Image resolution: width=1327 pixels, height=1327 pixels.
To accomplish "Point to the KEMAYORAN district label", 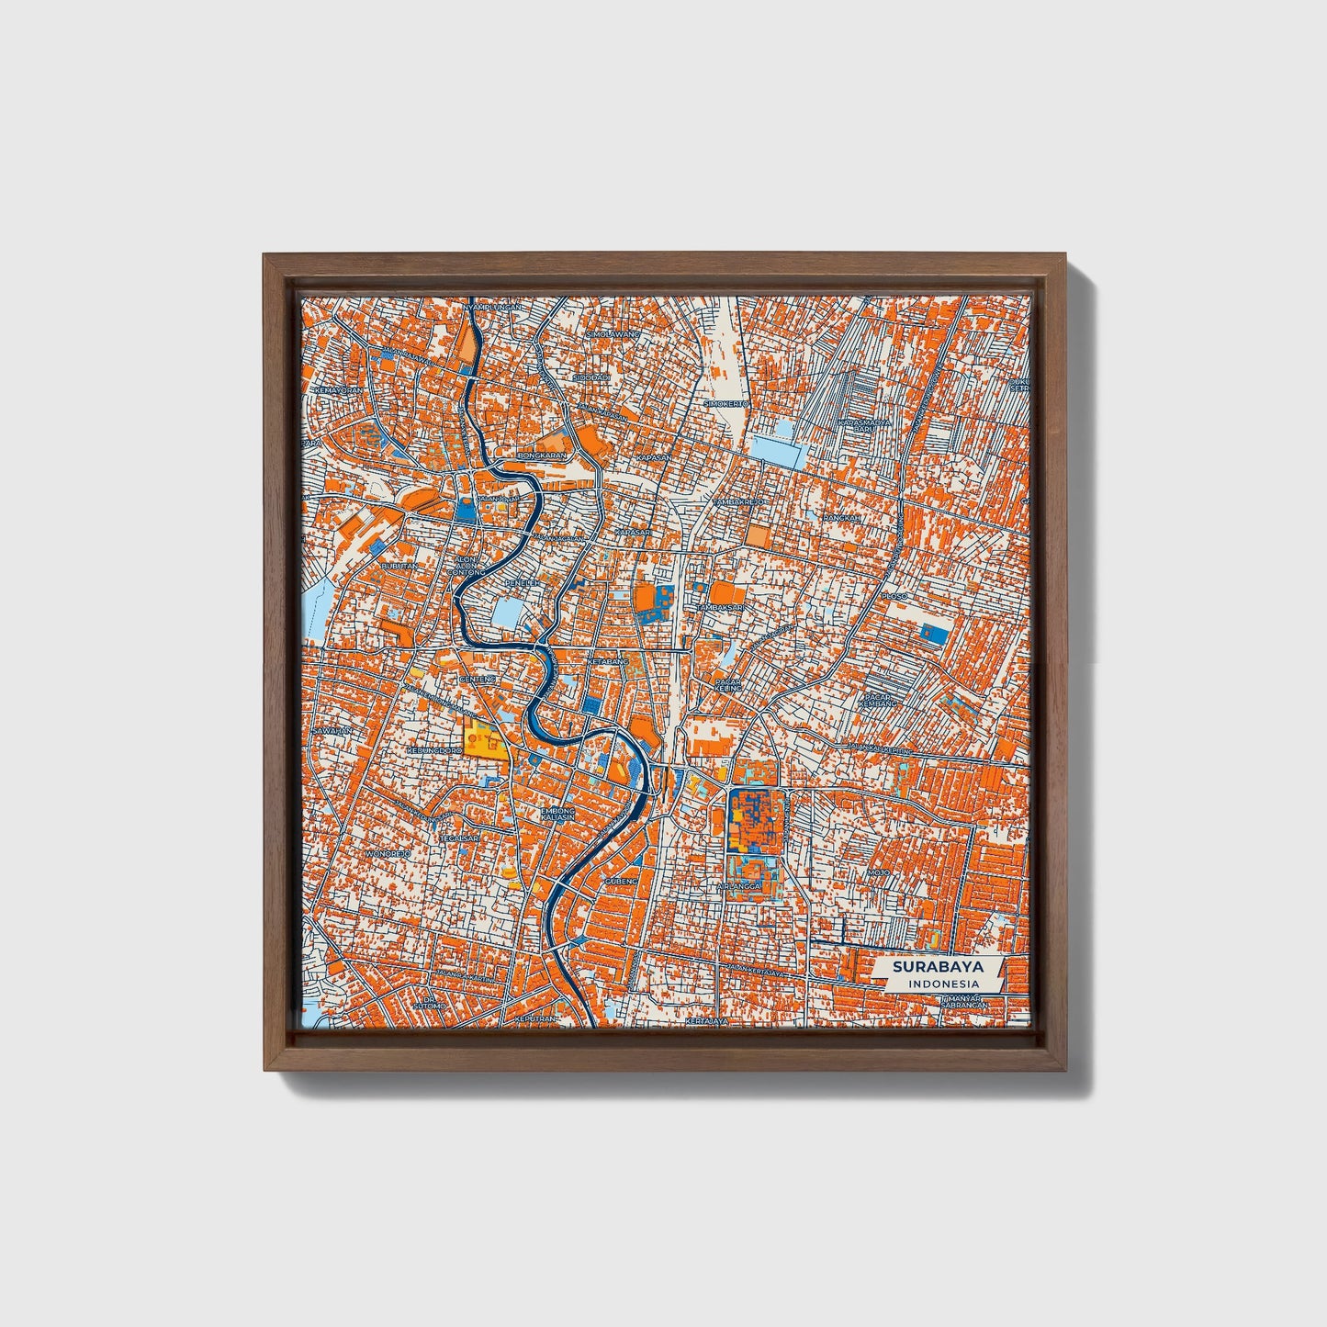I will point(338,390).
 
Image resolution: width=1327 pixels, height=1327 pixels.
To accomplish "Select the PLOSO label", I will point(893,597).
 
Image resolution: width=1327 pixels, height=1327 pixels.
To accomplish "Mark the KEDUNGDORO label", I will point(433,750).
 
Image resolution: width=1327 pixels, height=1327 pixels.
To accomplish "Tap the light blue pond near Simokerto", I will point(777,449).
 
